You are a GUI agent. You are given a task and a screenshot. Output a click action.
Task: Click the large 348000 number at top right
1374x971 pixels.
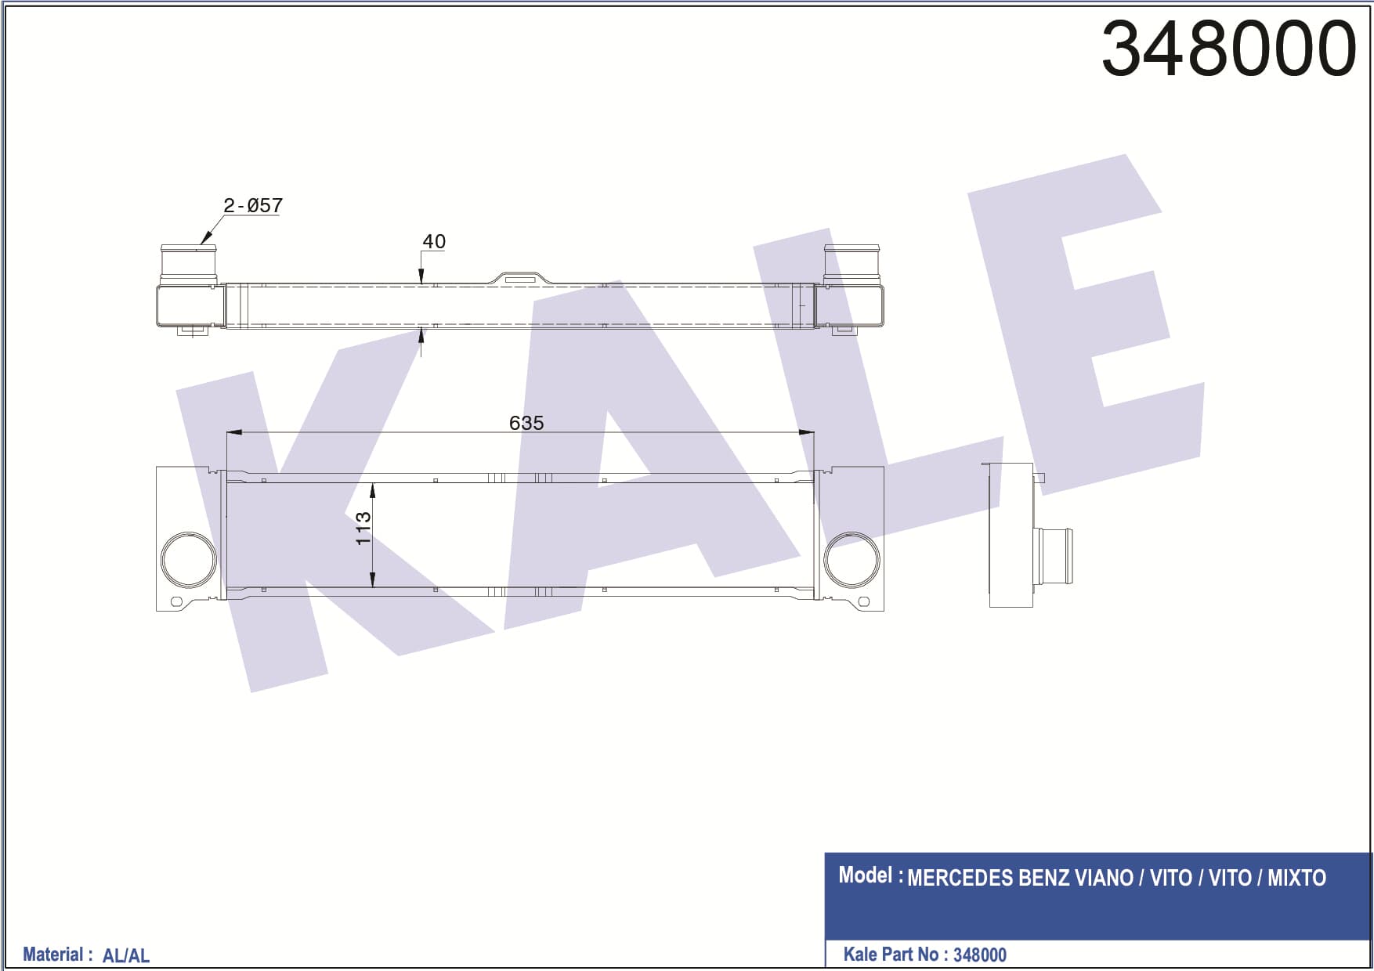tap(1228, 49)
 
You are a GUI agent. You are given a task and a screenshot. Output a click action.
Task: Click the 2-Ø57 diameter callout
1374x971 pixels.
tap(252, 205)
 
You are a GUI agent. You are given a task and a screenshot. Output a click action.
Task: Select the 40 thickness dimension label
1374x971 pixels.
tap(434, 241)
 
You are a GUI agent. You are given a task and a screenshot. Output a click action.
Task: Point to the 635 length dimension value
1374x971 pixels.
tap(526, 423)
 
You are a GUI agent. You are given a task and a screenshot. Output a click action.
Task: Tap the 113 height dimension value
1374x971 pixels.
tap(363, 529)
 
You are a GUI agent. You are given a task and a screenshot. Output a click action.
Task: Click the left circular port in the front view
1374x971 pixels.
tap(189, 560)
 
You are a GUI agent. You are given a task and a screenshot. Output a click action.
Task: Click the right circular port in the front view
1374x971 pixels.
tap(852, 560)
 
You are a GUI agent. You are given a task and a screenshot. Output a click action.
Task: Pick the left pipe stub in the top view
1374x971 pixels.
tap(189, 265)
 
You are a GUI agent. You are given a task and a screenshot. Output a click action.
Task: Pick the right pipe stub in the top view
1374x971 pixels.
tap(852, 265)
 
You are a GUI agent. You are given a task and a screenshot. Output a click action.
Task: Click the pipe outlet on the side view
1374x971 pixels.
tap(1053, 556)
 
